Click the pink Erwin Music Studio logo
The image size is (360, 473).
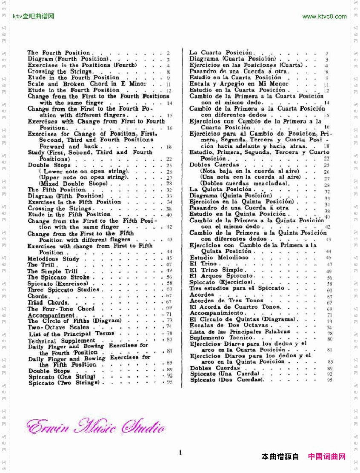click(95, 427)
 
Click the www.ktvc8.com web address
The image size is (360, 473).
click(324, 17)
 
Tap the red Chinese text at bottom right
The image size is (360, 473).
click(326, 456)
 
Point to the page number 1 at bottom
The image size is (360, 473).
click(180, 452)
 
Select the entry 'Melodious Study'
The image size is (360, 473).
click(54, 259)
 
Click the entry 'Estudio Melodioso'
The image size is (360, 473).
click(219, 258)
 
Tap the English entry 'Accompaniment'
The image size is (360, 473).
click(51, 315)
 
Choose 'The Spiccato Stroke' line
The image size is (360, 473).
click(59, 277)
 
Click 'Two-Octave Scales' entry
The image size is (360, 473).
click(59, 327)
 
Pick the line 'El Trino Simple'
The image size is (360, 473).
click(216, 270)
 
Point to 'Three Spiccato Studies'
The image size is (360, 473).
click(64, 290)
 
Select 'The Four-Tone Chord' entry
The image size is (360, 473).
click(61, 309)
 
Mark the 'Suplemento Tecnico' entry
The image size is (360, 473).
click(221, 338)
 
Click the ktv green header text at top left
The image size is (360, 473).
click(34, 17)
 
